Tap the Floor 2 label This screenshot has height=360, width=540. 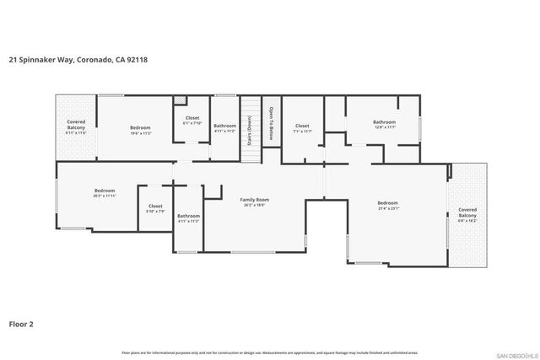point(21,322)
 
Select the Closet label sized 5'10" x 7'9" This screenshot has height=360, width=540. point(155,207)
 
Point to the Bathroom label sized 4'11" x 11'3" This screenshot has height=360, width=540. point(188,218)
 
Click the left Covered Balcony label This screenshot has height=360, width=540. point(76,126)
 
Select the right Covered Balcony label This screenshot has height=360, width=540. point(467,214)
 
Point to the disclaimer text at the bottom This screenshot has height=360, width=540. point(270,352)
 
